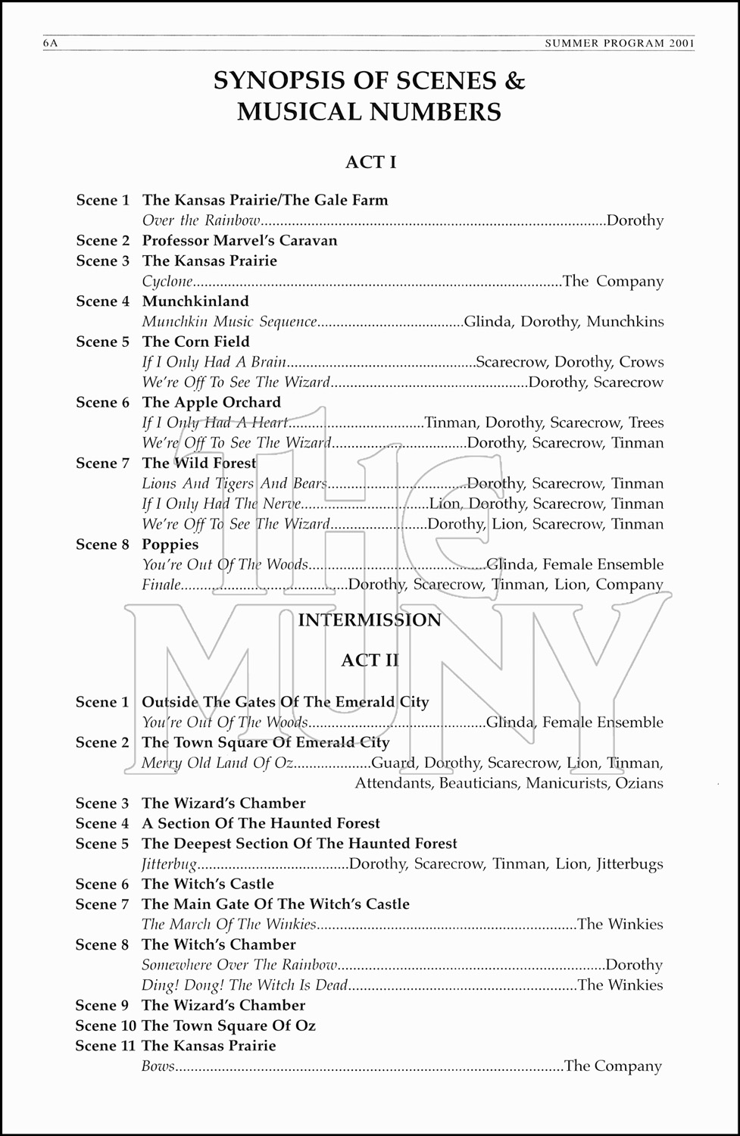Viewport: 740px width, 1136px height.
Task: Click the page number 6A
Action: (x=51, y=44)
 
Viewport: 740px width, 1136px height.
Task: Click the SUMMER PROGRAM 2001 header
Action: (x=620, y=44)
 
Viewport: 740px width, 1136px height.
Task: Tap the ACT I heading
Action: (x=370, y=162)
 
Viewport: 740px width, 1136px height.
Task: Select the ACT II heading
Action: (x=370, y=660)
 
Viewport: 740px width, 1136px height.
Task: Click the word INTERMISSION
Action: (x=370, y=620)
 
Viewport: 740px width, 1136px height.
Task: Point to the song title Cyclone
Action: (x=167, y=282)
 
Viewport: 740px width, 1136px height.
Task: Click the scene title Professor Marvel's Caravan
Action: (x=239, y=241)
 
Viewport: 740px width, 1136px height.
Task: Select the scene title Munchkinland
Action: (x=195, y=301)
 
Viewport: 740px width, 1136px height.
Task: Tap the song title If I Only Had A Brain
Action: (x=214, y=362)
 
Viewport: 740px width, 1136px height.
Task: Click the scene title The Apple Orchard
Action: (x=211, y=402)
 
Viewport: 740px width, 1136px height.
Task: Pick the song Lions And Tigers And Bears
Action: (x=234, y=483)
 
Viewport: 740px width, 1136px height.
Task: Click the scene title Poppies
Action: (x=170, y=545)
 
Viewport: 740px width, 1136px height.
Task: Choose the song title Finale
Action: (x=161, y=585)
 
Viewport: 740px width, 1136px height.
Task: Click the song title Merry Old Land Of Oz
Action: (x=217, y=763)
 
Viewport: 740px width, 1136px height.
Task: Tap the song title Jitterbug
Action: (x=169, y=864)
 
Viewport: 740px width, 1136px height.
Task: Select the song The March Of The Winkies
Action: (x=229, y=925)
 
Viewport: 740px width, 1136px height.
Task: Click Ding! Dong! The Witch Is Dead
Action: (x=245, y=985)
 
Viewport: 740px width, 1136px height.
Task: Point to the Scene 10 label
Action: (x=105, y=1026)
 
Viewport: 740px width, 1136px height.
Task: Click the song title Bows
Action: (x=158, y=1066)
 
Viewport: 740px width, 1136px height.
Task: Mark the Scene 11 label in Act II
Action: (x=105, y=1046)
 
